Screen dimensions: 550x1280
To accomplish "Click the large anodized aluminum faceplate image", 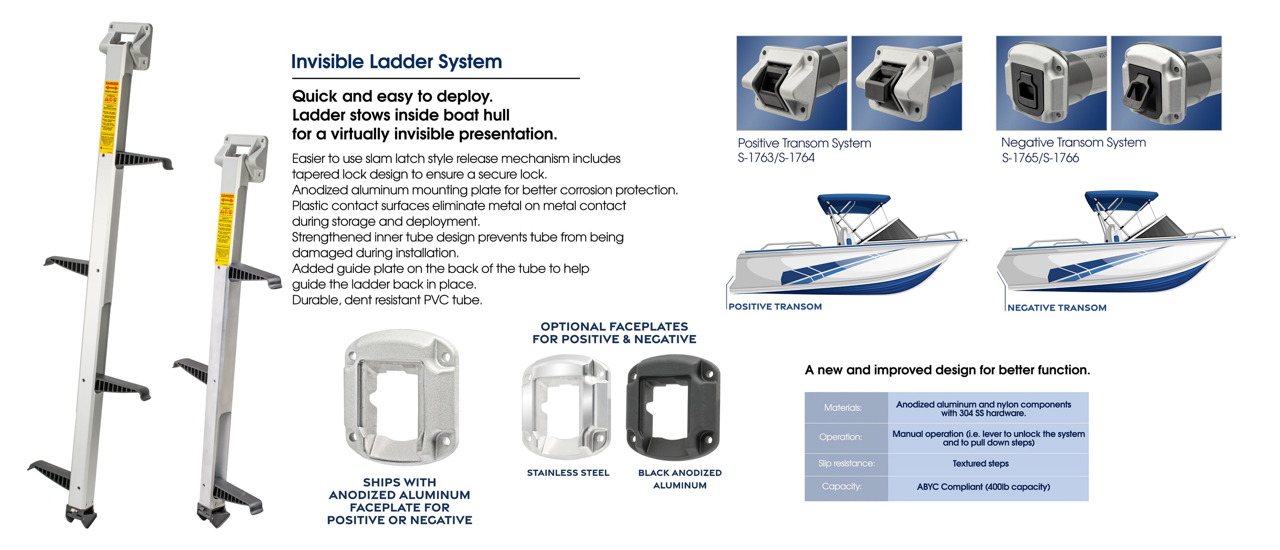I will [x=401, y=398].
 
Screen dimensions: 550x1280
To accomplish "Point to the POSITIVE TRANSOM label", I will [x=775, y=306].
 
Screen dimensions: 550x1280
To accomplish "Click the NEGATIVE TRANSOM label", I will [x=1057, y=308].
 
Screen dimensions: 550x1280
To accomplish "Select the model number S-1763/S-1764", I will [x=776, y=157].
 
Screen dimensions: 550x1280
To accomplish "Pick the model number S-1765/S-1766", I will [x=1040, y=158].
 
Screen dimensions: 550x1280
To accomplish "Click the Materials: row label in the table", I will [x=843, y=407].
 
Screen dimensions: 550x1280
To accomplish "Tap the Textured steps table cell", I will [x=980, y=463].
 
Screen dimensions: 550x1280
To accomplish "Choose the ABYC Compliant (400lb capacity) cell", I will [x=983, y=486].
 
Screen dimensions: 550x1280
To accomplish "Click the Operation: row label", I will [x=840, y=437].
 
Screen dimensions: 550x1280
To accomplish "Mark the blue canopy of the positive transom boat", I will [x=853, y=202].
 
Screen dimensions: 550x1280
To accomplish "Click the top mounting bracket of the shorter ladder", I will [x=242, y=154].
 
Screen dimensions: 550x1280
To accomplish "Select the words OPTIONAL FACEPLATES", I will [x=614, y=326].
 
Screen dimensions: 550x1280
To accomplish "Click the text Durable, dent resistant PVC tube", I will [x=387, y=300].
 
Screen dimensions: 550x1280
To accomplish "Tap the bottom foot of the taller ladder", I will [x=81, y=516].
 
